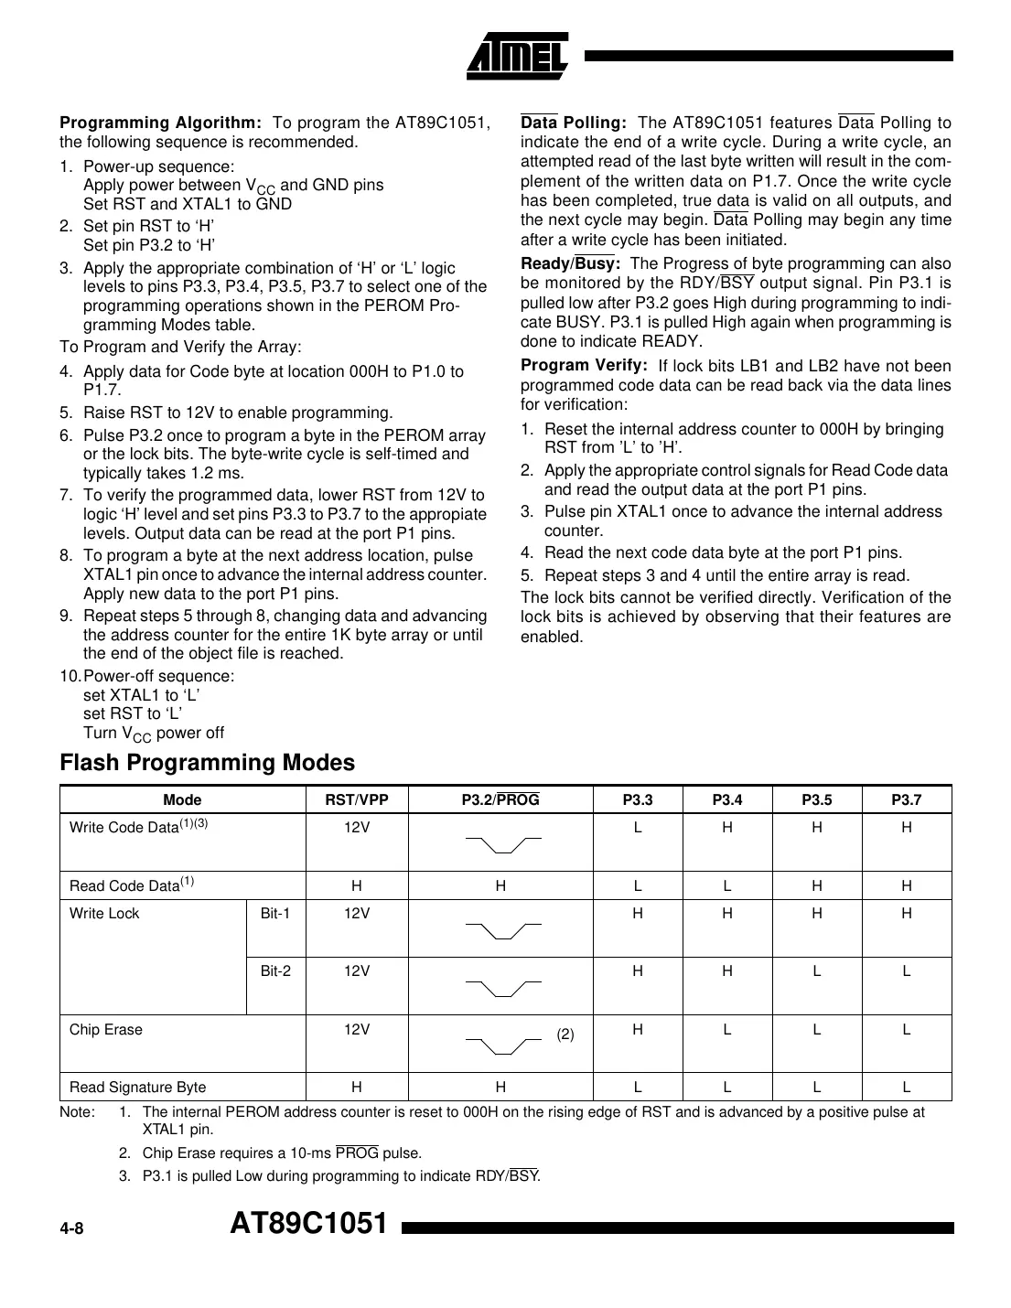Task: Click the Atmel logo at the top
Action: pyautogui.click(x=517, y=56)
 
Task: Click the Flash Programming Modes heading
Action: pyautogui.click(x=207, y=762)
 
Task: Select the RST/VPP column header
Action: pyautogui.click(x=357, y=800)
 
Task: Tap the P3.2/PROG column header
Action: pyautogui.click(x=500, y=800)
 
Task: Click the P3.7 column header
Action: pyautogui.click(x=906, y=800)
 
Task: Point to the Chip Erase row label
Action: pyautogui.click(x=106, y=1029)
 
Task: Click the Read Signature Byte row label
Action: pyautogui.click(x=137, y=1087)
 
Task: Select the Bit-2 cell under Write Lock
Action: pyautogui.click(x=275, y=970)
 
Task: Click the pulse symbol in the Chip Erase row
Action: pyautogui.click(x=502, y=1044)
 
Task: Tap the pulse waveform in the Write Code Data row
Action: pyautogui.click(x=502, y=842)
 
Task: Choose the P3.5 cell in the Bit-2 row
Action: pyautogui.click(x=816, y=970)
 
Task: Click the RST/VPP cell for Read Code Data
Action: pyautogui.click(x=357, y=885)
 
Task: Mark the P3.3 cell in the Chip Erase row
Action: pyautogui.click(x=637, y=1029)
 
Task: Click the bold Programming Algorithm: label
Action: pyautogui.click(x=161, y=123)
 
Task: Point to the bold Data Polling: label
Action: pyautogui.click(x=574, y=123)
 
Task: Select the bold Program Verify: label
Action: pyautogui.click(x=584, y=365)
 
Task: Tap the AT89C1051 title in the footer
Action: pyautogui.click(x=309, y=1224)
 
